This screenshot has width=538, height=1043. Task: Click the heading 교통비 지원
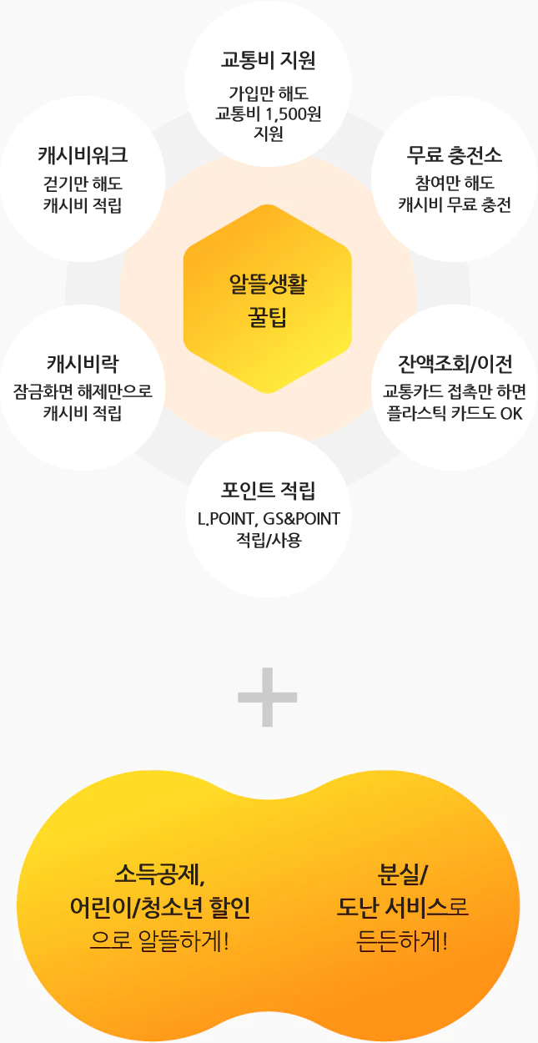(268, 61)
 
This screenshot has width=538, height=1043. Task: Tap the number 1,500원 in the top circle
(294, 113)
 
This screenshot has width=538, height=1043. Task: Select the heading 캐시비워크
(83, 155)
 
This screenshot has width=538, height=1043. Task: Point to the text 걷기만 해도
(83, 184)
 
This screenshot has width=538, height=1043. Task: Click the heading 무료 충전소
(455, 155)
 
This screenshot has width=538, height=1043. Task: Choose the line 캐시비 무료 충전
(455, 204)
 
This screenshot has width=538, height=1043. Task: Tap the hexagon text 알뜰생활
(268, 284)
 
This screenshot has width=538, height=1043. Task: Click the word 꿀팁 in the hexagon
(268, 317)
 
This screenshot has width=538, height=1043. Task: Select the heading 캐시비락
(83, 364)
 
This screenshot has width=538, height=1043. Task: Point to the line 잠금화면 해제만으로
(83, 391)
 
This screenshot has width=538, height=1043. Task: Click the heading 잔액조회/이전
(455, 364)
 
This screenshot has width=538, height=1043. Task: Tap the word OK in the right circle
(511, 414)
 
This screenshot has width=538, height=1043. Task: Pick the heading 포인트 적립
(268, 491)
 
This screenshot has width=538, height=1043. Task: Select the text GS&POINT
(302, 519)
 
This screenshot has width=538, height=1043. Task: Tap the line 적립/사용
(269, 540)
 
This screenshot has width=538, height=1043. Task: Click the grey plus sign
(267, 697)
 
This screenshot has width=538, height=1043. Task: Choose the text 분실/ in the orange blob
(403, 874)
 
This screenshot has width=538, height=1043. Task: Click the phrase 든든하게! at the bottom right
(402, 941)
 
